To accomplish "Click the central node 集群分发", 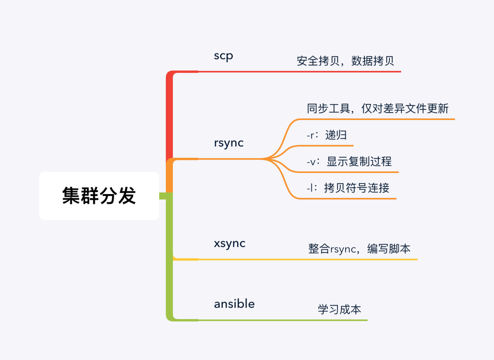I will [x=99, y=196].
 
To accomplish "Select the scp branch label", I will [x=223, y=55].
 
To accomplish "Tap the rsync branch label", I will [x=229, y=143].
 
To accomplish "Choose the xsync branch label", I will [x=230, y=243].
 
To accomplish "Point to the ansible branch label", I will [x=234, y=303].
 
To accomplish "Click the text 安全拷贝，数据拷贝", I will [x=345, y=61].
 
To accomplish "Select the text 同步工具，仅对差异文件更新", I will [x=377, y=108].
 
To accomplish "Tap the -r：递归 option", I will [x=327, y=135].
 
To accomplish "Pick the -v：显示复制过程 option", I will [x=349, y=161].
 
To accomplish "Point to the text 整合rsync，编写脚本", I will [x=359, y=248].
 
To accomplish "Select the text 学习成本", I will [x=339, y=309].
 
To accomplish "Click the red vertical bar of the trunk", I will [x=169, y=115].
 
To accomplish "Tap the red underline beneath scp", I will [x=300, y=71].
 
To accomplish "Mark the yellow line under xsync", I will [x=300, y=259].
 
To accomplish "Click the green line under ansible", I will [x=280, y=320].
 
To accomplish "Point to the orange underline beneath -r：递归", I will [x=325, y=145].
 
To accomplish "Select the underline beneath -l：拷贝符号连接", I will [x=345, y=199].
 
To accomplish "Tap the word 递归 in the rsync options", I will [x=336, y=135].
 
